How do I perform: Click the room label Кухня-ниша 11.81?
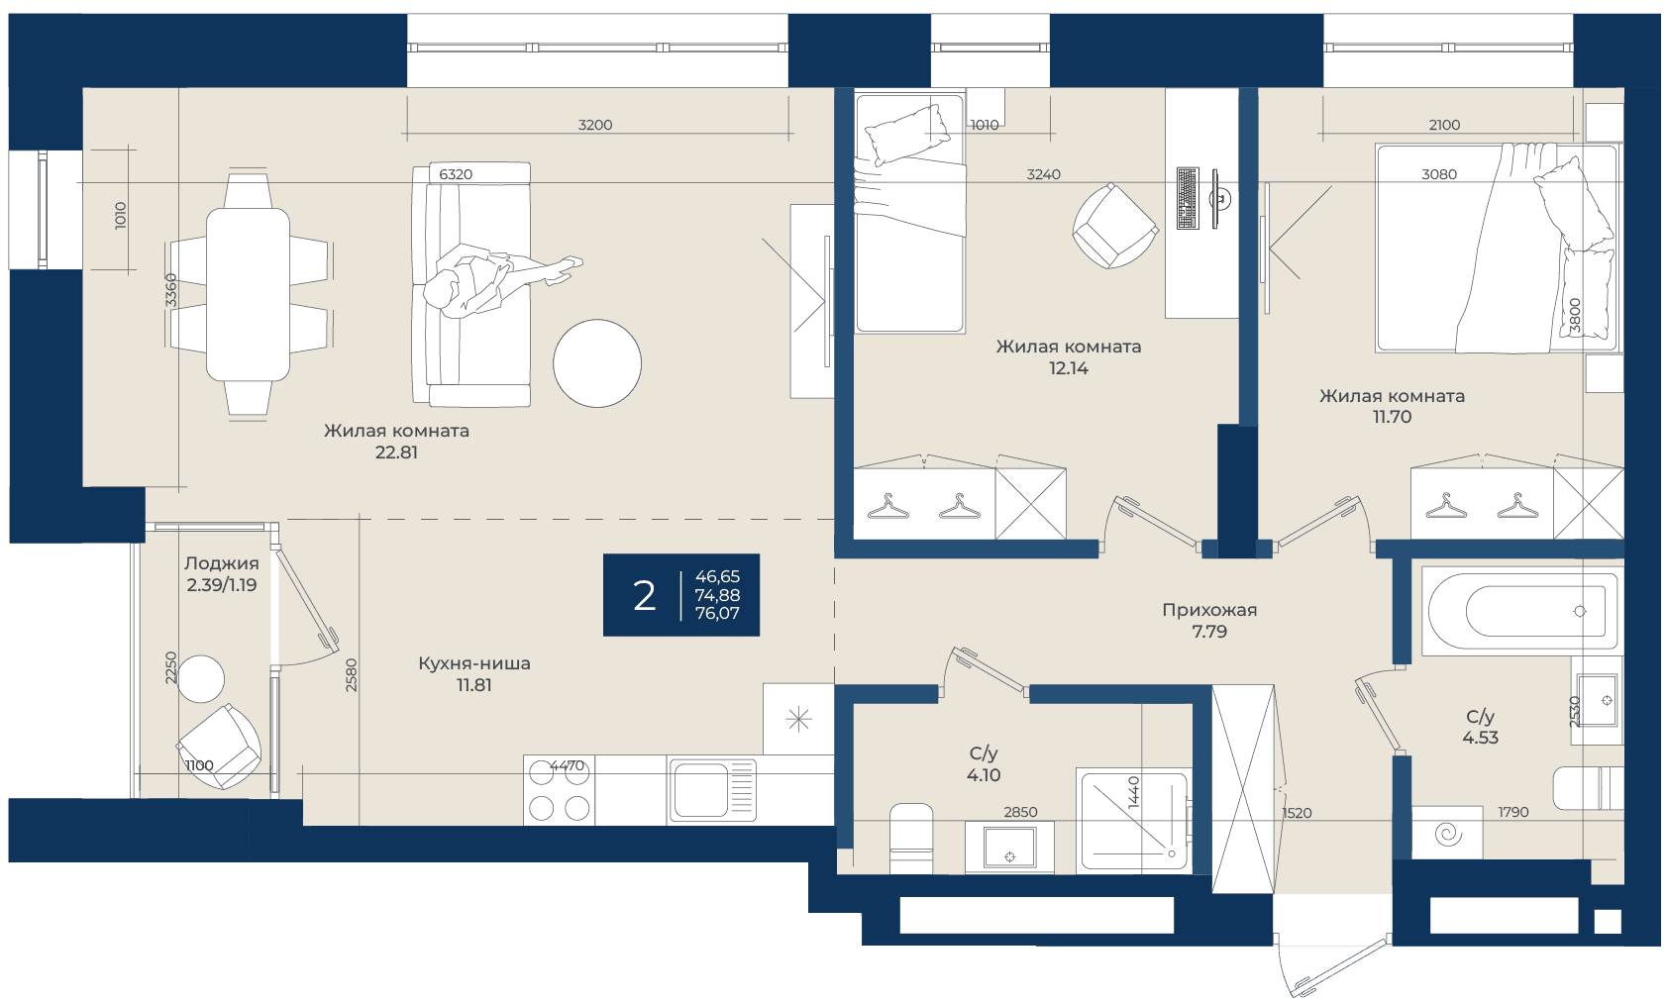tap(474, 674)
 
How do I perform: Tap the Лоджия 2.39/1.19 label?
tap(222, 574)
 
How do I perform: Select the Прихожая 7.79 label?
tap(1209, 621)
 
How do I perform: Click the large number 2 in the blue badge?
tap(645, 596)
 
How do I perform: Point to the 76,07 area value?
tap(717, 614)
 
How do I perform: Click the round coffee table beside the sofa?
tap(597, 363)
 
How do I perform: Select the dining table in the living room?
tap(248, 295)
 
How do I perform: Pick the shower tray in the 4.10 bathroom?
tap(1133, 821)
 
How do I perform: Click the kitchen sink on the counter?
tap(712, 790)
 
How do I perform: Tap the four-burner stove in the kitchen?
tap(559, 791)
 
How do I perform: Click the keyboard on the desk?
tap(1188, 198)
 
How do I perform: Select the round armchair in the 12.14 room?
tap(1115, 226)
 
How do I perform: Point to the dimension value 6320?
tap(456, 174)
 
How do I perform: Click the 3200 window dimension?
tap(595, 125)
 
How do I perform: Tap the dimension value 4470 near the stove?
tap(568, 764)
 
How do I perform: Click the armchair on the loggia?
tap(219, 747)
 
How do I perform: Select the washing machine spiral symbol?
tap(1447, 833)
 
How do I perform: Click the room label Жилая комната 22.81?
tap(396, 442)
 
